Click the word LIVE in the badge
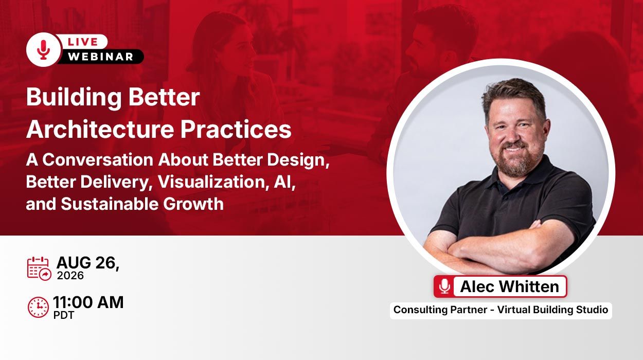point(83,42)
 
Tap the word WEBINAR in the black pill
point(100,57)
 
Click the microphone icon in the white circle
point(43,50)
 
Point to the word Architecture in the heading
point(100,129)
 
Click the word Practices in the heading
point(236,129)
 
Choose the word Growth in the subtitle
point(193,204)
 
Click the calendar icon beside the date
point(39,268)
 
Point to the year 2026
point(70,276)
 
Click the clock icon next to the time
point(38,308)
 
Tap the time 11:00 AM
point(88,302)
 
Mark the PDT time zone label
point(63,315)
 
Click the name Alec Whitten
point(510,286)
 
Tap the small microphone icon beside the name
point(444,286)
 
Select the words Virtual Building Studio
point(552,310)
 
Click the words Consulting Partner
point(440,310)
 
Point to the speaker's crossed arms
point(499,247)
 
